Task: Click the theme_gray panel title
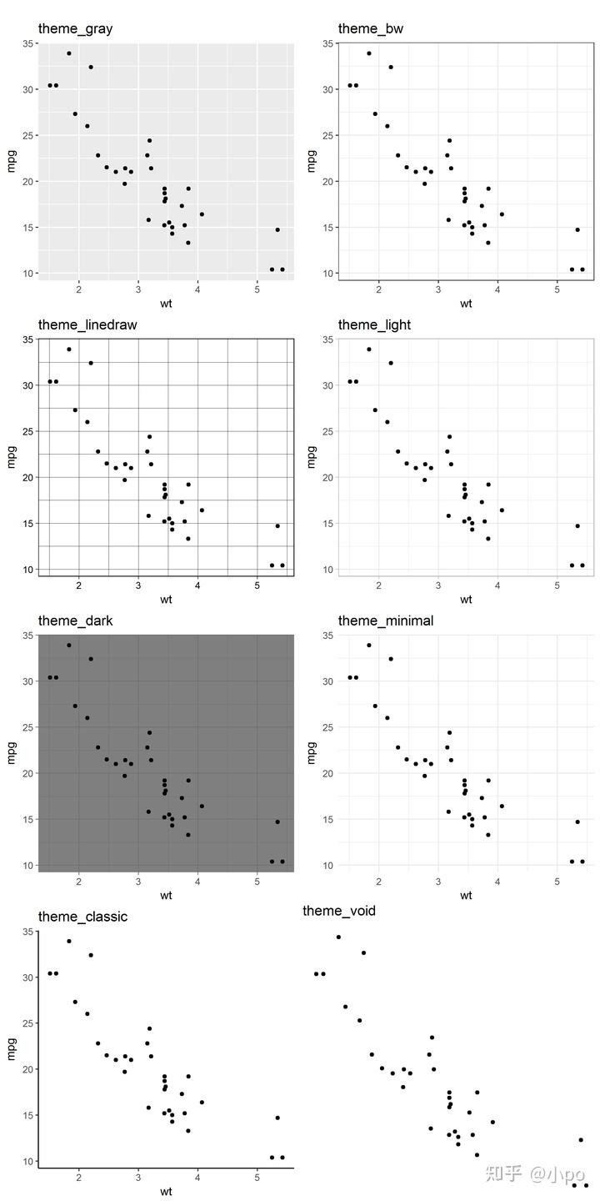click(75, 29)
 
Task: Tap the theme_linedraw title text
click(87, 324)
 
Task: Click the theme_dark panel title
click(75, 621)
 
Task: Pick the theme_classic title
click(82, 917)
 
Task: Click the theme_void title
click(339, 911)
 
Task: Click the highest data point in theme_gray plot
click(69, 53)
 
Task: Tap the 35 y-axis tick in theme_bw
click(328, 43)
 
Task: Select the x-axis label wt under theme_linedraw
click(166, 599)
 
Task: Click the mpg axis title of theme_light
click(311, 455)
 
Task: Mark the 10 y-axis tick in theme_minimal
click(328, 866)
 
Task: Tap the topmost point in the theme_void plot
click(338, 937)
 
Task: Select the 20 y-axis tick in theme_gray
click(28, 182)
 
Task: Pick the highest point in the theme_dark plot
click(69, 645)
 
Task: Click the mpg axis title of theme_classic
click(11, 1047)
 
